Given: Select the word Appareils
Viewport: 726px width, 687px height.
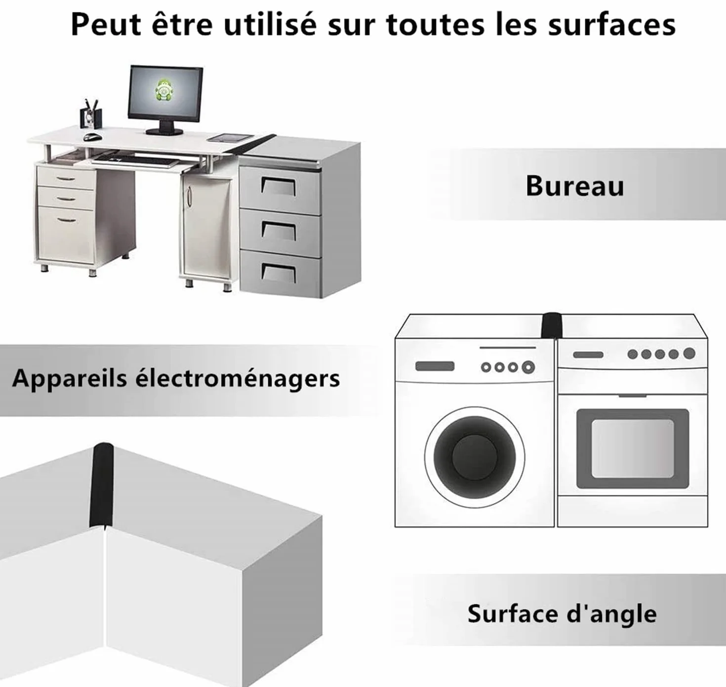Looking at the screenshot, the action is click(x=69, y=379).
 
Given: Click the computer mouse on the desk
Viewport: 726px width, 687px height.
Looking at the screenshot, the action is click(x=92, y=136).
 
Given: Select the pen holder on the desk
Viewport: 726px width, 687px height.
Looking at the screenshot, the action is click(x=91, y=114).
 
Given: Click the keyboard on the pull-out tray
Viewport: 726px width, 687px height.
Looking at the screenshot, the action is click(x=135, y=161).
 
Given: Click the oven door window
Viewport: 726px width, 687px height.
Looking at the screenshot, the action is click(x=633, y=449).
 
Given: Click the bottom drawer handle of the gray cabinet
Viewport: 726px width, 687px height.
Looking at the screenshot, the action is click(x=279, y=272).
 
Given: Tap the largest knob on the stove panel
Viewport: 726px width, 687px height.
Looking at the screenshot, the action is click(x=689, y=353).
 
